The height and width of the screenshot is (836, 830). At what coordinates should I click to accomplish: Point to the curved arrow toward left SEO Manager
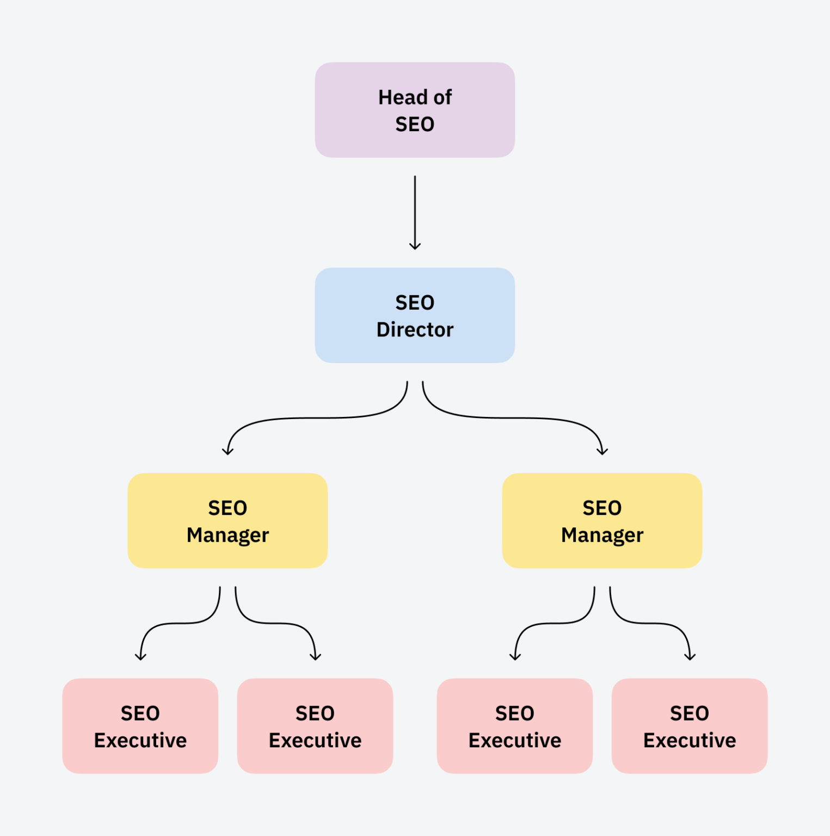coord(316,418)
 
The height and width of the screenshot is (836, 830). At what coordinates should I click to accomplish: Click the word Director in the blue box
coord(415,330)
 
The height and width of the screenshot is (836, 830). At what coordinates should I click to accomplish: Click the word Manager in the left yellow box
coord(228,536)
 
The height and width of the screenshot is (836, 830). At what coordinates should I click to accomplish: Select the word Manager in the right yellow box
coord(602,536)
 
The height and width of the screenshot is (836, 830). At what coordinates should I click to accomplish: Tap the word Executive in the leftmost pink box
coord(140,741)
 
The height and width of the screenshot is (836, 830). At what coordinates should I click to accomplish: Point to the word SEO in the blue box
coord(415,303)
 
